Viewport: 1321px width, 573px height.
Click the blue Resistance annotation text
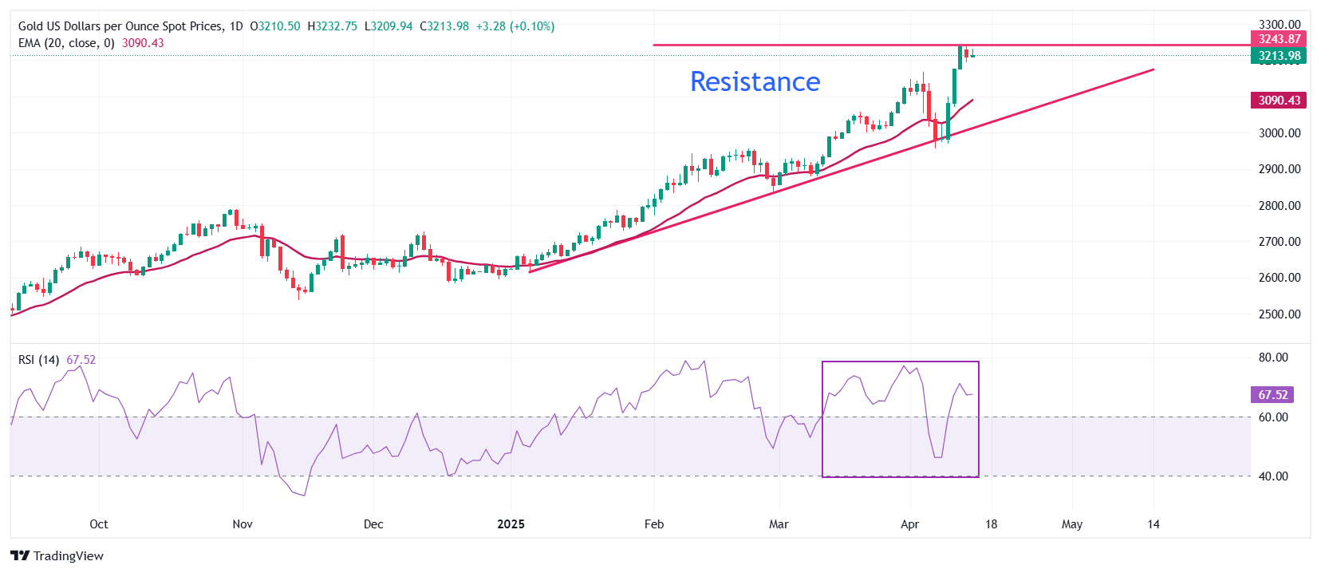[755, 81]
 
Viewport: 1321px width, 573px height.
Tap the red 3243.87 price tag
[1280, 39]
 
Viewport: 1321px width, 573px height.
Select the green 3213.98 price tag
[1280, 56]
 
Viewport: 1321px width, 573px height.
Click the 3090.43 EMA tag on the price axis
[1280, 101]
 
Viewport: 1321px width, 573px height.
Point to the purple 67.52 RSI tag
[1272, 395]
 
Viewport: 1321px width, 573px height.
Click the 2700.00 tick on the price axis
[1280, 242]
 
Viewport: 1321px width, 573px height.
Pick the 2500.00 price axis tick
[1280, 314]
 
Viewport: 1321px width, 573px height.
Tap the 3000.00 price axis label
[1280, 133]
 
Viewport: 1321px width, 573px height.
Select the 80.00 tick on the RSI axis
[1273, 358]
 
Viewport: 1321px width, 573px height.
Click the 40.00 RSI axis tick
[1273, 476]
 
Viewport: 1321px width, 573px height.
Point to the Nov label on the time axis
[243, 524]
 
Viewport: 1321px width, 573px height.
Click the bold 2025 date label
[511, 524]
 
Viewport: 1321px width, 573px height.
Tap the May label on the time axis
[1072, 524]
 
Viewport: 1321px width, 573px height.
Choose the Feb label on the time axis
[654, 524]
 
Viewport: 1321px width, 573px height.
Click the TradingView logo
[57, 556]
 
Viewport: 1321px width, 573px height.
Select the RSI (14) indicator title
[38, 360]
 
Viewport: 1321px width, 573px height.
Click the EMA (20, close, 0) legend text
[66, 43]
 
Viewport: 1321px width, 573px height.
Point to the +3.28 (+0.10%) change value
[515, 26]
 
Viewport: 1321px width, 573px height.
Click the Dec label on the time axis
[373, 524]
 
